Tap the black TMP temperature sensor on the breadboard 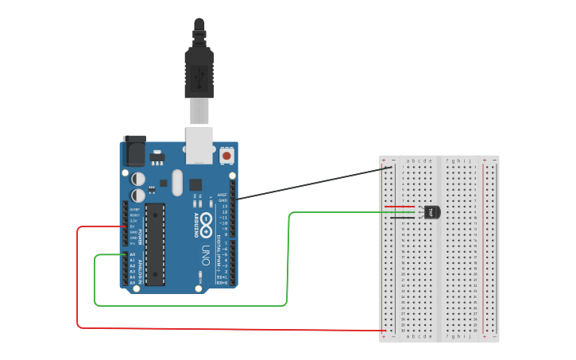point(431,211)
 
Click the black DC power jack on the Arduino point(135,150)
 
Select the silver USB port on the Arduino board point(199,144)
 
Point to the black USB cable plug point(199,71)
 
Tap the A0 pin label point(132,254)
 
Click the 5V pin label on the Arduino point(134,226)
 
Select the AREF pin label point(222,194)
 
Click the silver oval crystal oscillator point(176,182)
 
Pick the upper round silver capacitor point(138,180)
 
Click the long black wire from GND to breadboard point(310,181)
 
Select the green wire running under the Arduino point(191,305)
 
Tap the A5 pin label point(132,282)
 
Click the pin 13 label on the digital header point(225,206)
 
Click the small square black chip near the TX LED point(195,184)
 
